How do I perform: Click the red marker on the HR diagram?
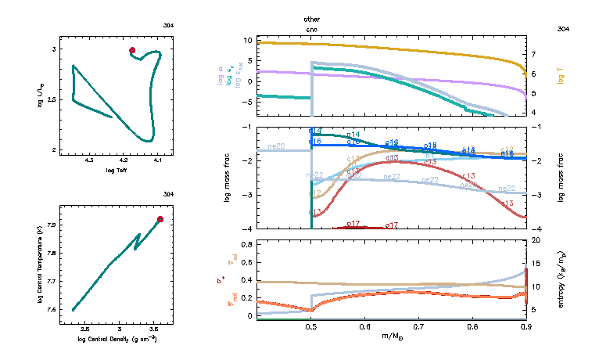[132, 50]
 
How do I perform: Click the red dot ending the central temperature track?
[160, 219]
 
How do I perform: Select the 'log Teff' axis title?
[116, 170]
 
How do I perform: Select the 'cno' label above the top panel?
[312, 29]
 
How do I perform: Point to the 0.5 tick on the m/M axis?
[311, 326]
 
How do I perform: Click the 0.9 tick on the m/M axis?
[525, 326]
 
